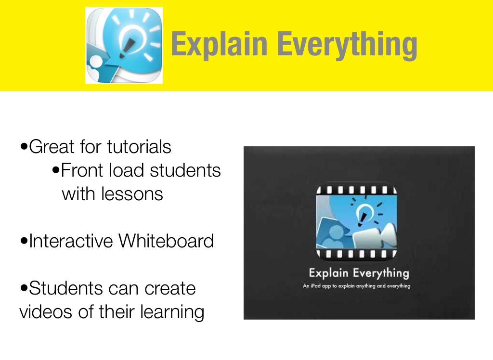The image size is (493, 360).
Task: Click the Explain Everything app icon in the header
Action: tap(124, 45)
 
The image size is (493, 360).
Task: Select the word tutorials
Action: tap(139, 146)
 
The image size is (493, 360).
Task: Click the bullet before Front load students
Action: tap(56, 170)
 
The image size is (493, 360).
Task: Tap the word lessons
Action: tap(132, 193)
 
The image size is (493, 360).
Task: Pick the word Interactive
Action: tap(71, 241)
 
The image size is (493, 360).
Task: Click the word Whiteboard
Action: tap(166, 241)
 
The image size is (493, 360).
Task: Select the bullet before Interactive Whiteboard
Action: tap(24, 241)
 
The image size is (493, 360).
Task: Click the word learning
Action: tap(172, 312)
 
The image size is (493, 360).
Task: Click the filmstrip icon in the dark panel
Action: tap(357, 221)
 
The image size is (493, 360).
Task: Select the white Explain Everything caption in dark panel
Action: tap(359, 273)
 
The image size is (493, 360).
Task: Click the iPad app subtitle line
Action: tap(357, 286)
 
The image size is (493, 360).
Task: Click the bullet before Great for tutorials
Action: tap(24, 147)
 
